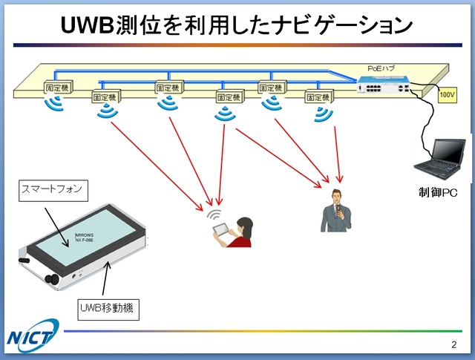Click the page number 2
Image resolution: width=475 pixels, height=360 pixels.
click(453, 344)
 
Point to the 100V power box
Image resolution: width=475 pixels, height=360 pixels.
click(447, 96)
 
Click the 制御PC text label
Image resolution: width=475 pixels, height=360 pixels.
click(438, 193)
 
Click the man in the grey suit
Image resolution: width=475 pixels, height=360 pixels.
click(335, 212)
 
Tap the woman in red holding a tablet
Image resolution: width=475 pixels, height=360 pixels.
click(240, 232)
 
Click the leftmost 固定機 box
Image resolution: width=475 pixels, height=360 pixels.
click(57, 86)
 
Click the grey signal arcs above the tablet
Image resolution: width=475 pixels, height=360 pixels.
click(215, 215)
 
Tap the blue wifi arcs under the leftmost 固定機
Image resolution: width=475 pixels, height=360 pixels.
click(56, 103)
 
